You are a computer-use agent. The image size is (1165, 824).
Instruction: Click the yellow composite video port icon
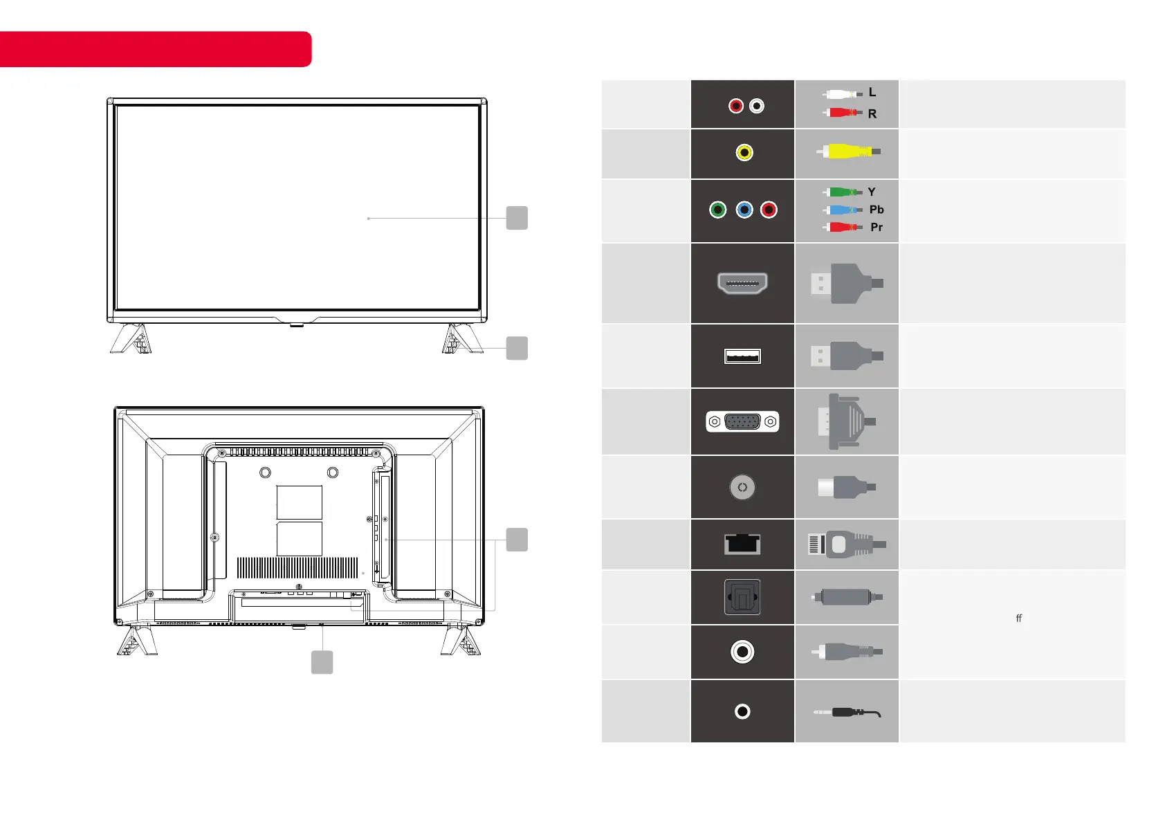pyautogui.click(x=744, y=153)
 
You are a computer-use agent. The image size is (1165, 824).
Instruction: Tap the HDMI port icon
pyautogui.click(x=742, y=283)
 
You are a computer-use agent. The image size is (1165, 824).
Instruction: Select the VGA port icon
pyautogui.click(x=742, y=421)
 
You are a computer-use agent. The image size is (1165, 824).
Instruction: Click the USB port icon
pyautogui.click(x=742, y=356)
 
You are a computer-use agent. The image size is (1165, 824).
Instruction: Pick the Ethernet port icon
pyautogui.click(x=742, y=544)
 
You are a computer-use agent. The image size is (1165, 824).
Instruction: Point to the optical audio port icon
pyautogui.click(x=742, y=597)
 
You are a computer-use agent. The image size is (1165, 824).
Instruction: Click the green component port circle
pyautogui.click(x=718, y=210)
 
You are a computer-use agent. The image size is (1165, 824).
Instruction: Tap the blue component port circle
pyautogui.click(x=744, y=210)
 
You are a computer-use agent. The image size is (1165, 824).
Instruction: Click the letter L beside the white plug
pyautogui.click(x=872, y=92)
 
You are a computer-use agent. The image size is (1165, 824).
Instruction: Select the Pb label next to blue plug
pyautogui.click(x=877, y=210)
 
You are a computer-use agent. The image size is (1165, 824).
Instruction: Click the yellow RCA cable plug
pyautogui.click(x=849, y=152)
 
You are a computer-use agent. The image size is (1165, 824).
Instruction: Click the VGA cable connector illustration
pyautogui.click(x=845, y=421)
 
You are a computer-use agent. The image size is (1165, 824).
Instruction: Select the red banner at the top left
pyautogui.click(x=155, y=49)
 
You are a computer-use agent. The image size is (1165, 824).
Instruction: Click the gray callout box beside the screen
pyautogui.click(x=517, y=218)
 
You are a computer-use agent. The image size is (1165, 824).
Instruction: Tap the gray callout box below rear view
pyautogui.click(x=322, y=662)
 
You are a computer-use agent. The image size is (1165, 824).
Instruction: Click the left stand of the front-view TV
pyautogui.click(x=131, y=339)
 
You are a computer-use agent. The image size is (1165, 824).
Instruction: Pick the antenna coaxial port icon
pyautogui.click(x=742, y=488)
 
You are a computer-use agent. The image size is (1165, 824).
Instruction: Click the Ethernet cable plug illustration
pyautogui.click(x=847, y=544)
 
